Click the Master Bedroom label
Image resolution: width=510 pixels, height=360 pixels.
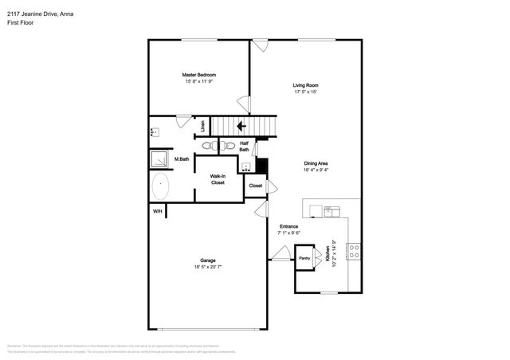200,75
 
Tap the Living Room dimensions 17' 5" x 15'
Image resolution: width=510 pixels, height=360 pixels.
305,92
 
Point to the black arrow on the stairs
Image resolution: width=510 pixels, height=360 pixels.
241,125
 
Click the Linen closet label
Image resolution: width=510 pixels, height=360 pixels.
203,125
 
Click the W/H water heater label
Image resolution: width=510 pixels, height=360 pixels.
157,211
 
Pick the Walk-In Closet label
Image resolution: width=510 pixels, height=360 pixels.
218,179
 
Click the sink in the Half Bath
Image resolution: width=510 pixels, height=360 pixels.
247,167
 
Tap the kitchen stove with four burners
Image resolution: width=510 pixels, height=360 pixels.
354,249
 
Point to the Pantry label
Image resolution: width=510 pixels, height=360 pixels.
304,258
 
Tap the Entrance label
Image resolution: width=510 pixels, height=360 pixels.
288,226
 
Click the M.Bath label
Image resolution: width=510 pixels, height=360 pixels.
182,159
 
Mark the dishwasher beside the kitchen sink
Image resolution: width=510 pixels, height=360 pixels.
316,210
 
